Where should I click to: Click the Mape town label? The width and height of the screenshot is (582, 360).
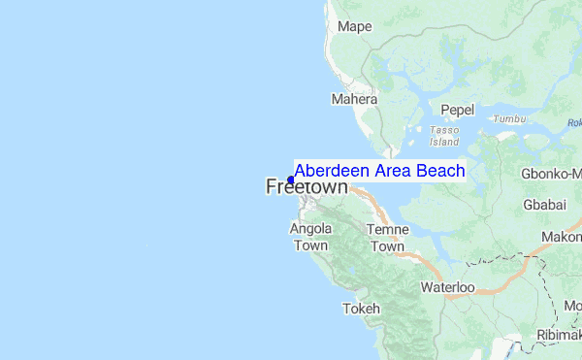pyautogui.click(x=355, y=27)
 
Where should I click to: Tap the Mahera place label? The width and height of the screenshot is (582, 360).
pyautogui.click(x=353, y=99)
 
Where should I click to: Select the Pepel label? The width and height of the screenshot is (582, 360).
pyautogui.click(x=457, y=111)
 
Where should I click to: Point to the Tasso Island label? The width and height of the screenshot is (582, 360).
pyautogui.click(x=445, y=135)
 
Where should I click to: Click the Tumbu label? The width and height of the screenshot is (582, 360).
pyautogui.click(x=508, y=119)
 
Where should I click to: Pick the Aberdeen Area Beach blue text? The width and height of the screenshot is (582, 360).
pyautogui.click(x=379, y=171)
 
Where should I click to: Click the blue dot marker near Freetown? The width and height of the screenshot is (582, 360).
pyautogui.click(x=291, y=180)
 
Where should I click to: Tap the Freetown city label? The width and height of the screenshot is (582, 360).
pyautogui.click(x=307, y=187)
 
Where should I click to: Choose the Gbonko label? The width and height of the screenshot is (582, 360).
pyautogui.click(x=553, y=174)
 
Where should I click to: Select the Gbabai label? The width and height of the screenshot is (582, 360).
pyautogui.click(x=544, y=206)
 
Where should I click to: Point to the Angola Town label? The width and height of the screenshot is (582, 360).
pyautogui.click(x=311, y=237)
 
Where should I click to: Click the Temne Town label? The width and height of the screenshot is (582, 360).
pyautogui.click(x=386, y=238)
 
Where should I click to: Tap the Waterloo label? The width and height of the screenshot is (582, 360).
pyautogui.click(x=447, y=287)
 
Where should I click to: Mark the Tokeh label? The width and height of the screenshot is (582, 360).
pyautogui.click(x=362, y=309)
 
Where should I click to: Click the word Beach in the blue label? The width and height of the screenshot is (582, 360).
pyautogui.click(x=440, y=171)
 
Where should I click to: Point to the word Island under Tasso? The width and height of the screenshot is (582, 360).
pyautogui.click(x=445, y=141)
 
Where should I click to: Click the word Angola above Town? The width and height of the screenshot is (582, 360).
pyautogui.click(x=311, y=229)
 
